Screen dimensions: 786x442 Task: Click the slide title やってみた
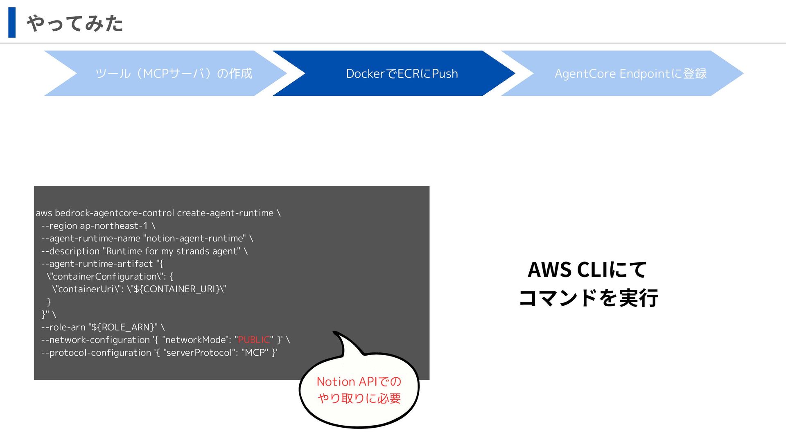coord(75,23)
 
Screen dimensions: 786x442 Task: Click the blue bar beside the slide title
coord(12,23)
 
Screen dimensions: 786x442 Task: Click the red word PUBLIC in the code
coord(254,340)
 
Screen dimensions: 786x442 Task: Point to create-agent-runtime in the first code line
coord(225,213)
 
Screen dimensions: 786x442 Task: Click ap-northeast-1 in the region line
coord(114,226)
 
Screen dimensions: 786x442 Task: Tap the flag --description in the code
coord(70,251)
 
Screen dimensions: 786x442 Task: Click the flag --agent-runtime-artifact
coord(97,264)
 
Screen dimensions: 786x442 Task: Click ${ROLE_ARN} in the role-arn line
coord(123,327)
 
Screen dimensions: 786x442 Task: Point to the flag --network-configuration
coord(95,340)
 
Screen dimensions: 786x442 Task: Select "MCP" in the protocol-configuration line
coord(255,352)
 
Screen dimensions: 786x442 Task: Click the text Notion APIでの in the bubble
coord(359,381)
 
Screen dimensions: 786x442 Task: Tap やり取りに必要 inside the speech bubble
coord(359,398)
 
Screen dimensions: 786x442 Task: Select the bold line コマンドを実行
coord(588,298)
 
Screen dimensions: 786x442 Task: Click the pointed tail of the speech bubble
coord(334,331)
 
